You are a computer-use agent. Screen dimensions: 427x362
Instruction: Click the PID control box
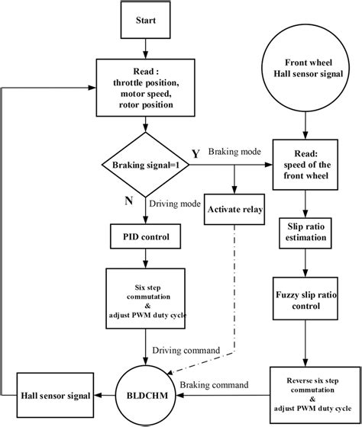click(147, 236)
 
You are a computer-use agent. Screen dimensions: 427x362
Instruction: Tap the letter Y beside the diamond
click(196, 152)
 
